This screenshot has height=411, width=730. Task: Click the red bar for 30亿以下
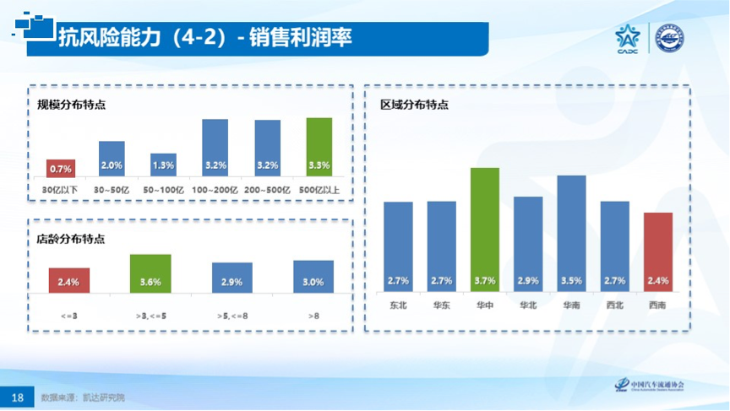coord(61,168)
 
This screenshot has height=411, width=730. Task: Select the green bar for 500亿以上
coord(319,147)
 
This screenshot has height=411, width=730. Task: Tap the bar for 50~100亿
coord(164,165)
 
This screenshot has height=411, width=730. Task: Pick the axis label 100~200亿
coord(215,190)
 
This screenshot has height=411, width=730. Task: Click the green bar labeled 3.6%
coord(150,273)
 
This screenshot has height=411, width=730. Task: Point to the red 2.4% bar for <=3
coord(68,280)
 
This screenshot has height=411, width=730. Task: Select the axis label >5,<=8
coord(232,316)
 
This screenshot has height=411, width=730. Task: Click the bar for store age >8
coord(313,277)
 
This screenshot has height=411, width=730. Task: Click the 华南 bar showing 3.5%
coord(571,233)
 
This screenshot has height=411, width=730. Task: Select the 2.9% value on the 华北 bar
coord(528,280)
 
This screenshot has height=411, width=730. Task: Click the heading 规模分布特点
coord(71,105)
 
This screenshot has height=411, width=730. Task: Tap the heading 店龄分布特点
coord(71,239)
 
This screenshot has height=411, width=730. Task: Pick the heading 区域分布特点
coord(414,105)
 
